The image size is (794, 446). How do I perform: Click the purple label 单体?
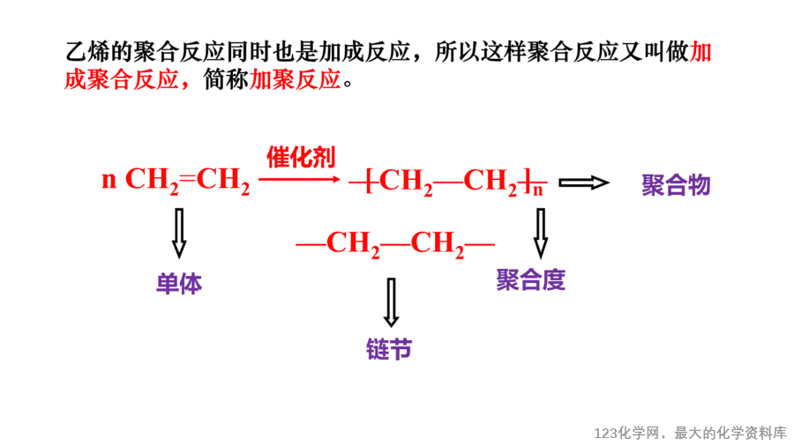point(179,284)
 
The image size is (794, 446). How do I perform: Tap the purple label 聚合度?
point(530,279)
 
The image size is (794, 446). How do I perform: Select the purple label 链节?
point(389,349)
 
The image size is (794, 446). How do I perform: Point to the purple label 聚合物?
point(676,185)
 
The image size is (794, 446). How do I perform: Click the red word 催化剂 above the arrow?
point(301,157)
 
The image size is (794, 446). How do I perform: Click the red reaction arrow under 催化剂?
point(299,179)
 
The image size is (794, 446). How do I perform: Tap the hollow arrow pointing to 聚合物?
point(583,182)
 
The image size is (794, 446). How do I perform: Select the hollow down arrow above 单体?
point(179,233)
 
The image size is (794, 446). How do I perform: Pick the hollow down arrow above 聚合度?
point(540,233)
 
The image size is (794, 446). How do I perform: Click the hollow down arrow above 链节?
point(391,301)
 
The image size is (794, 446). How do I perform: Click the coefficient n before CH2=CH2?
point(109,180)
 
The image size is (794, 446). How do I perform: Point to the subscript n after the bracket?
point(538,190)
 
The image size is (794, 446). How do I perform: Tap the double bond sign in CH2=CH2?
point(187,179)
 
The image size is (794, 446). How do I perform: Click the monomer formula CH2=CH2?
point(187,181)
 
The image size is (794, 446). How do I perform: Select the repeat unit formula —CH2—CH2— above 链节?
point(395,245)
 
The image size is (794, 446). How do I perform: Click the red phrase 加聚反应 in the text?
point(296,80)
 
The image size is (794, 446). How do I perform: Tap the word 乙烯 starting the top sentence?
point(87,52)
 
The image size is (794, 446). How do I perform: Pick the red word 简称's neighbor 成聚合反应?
point(122,80)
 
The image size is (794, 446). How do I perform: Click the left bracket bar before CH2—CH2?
point(368,181)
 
